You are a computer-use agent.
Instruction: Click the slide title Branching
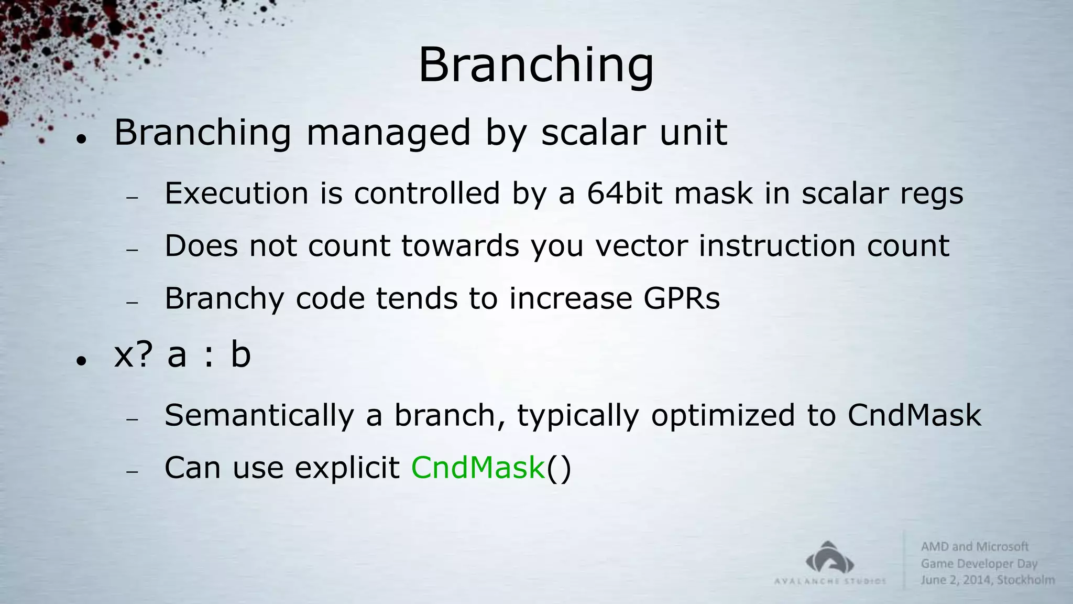click(535, 65)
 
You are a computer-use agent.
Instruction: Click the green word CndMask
click(478, 467)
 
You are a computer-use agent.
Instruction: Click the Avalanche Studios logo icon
click(830, 558)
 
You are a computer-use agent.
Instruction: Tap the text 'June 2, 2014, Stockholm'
click(987, 580)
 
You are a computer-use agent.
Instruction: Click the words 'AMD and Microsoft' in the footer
click(975, 546)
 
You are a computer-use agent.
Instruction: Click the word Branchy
click(224, 299)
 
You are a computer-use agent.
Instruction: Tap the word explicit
click(347, 467)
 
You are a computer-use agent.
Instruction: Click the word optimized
click(723, 415)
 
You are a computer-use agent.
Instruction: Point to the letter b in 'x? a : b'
click(240, 354)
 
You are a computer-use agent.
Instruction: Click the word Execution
click(236, 193)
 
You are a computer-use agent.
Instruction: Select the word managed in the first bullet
click(388, 133)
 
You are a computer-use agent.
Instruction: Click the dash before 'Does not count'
click(132, 250)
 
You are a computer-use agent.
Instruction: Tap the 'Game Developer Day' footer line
click(979, 564)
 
